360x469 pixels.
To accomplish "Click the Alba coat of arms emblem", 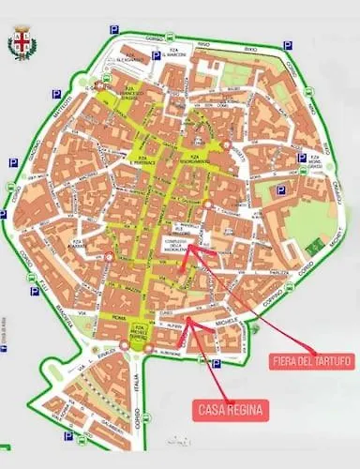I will (x=20, y=46).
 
